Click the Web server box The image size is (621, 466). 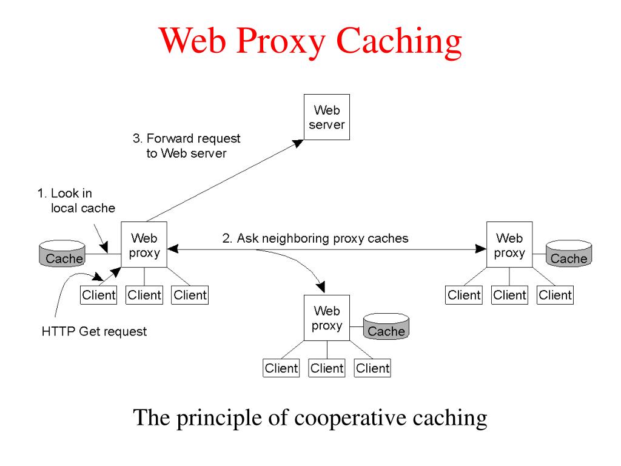point(327,117)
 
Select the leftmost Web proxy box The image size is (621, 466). point(144,245)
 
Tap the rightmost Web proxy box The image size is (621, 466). point(509,245)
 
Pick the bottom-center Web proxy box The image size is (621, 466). point(327,318)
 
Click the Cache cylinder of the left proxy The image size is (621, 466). point(62,254)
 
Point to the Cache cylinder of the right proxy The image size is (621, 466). point(569,254)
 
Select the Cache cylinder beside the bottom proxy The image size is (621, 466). point(386,326)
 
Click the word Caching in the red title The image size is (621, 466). point(399,42)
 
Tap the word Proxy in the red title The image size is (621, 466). point(280,42)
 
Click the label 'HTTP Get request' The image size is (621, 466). point(94,331)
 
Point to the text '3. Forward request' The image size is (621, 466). point(187,138)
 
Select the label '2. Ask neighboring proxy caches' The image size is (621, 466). point(315,238)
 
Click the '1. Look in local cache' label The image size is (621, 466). point(76,200)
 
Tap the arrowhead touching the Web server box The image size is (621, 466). point(298,143)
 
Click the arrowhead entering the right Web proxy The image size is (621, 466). point(480,249)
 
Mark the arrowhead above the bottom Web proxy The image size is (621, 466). point(321,286)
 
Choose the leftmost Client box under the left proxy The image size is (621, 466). point(99,295)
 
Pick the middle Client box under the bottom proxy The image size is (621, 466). point(327,368)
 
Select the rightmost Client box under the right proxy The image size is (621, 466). point(556,295)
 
